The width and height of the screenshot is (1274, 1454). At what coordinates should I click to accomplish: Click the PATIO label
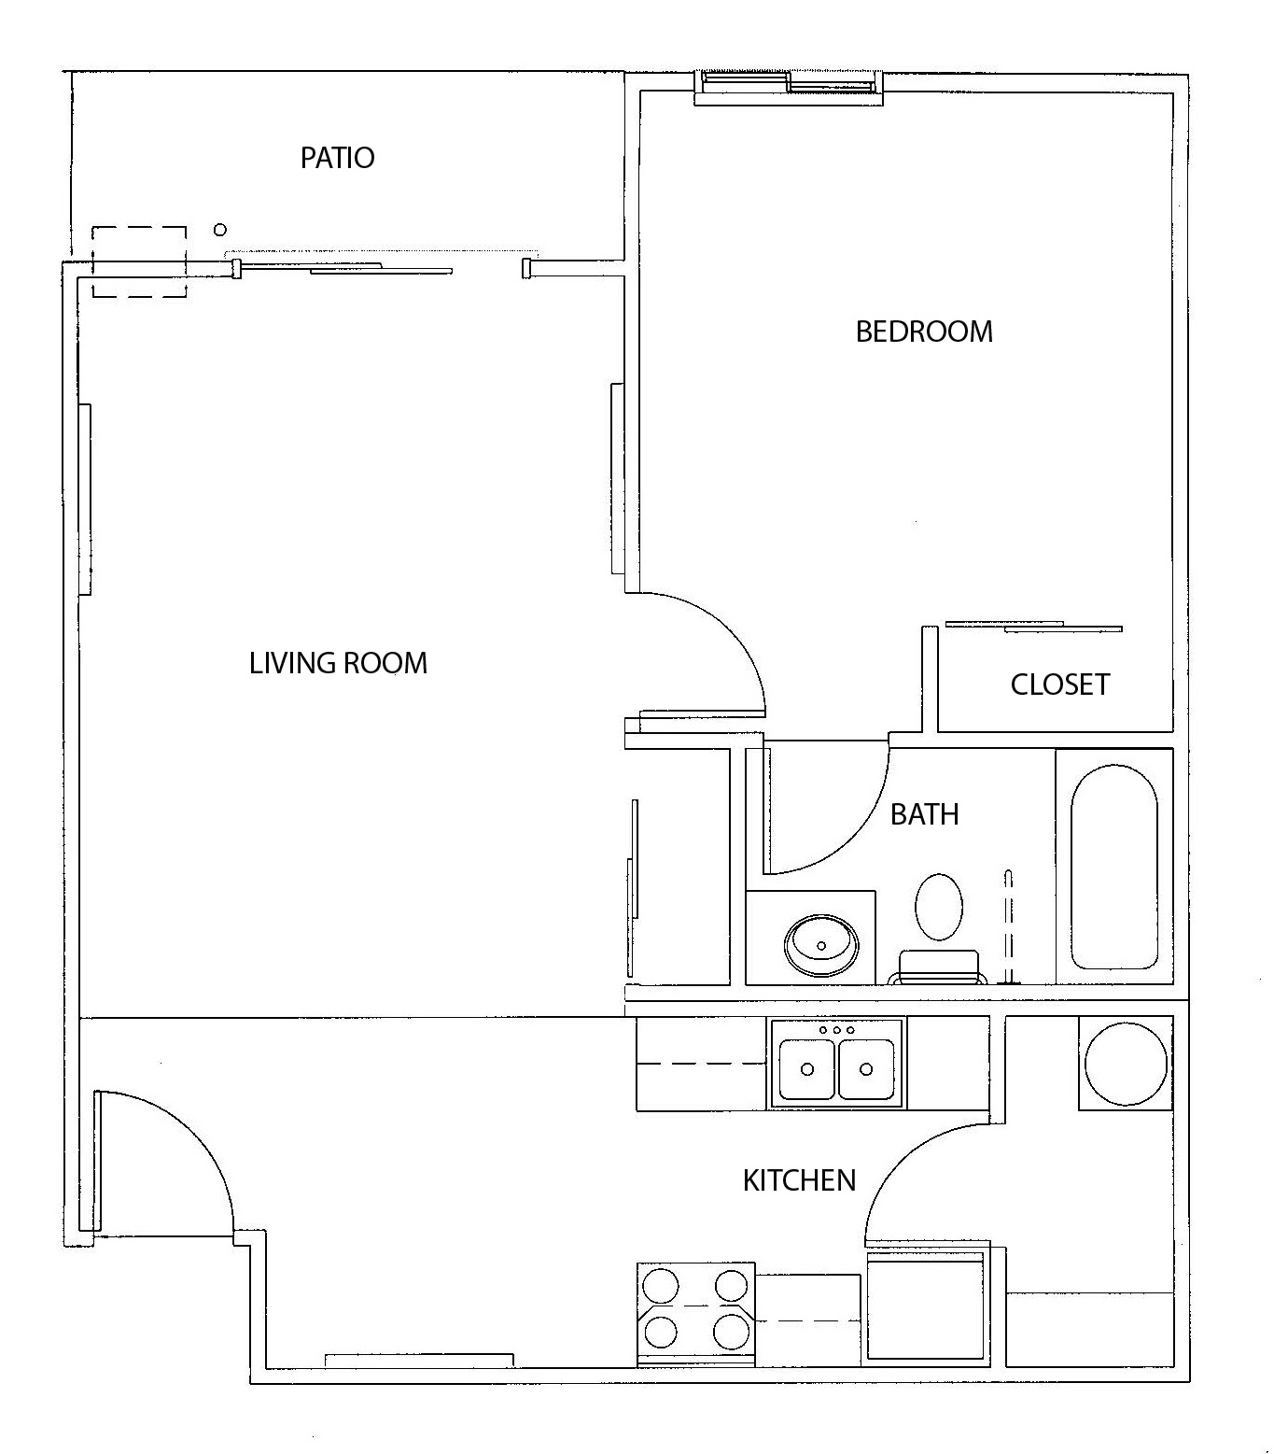point(337,158)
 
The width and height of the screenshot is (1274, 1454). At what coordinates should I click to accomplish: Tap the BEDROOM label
point(923,332)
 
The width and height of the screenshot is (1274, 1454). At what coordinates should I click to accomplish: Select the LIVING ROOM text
point(338,663)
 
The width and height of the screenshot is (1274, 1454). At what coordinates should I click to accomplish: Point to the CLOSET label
point(1059,685)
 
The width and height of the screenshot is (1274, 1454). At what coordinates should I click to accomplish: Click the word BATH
point(924,814)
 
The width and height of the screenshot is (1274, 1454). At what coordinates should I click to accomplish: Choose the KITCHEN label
point(799,1180)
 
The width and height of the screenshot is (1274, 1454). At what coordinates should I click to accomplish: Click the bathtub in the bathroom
point(1113,867)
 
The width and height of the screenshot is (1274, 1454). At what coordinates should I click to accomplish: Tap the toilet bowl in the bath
point(938,907)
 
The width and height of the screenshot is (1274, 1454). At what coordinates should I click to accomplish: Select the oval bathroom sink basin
point(820,944)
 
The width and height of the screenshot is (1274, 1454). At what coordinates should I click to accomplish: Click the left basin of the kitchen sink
point(807,1069)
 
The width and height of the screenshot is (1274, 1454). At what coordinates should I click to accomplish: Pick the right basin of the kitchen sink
point(866,1069)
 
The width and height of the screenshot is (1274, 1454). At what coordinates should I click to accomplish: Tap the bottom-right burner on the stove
point(731,1330)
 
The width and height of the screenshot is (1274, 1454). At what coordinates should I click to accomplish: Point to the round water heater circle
point(1124,1064)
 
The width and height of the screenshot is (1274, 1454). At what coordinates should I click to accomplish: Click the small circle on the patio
point(220,230)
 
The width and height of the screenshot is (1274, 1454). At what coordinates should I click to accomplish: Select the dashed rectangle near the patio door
point(139,262)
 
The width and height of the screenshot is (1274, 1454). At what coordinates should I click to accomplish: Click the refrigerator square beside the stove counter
point(926,1307)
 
